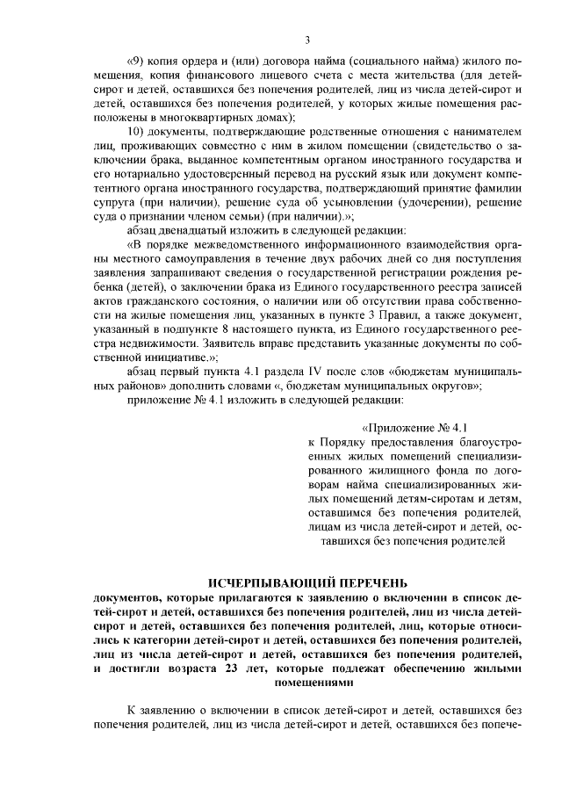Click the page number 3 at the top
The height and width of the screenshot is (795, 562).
pos(307,39)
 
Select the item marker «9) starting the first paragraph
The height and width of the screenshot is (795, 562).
pos(134,61)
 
